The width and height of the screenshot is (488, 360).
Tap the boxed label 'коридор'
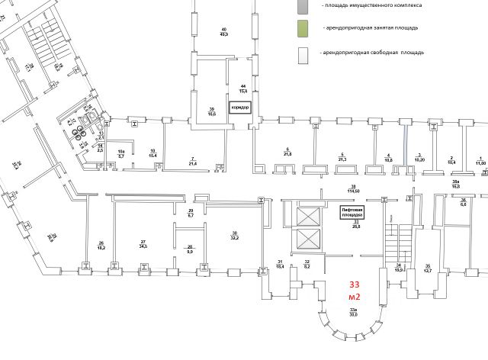pos(241,108)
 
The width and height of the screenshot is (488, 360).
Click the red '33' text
pos(354,284)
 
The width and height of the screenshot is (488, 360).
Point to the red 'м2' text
pos(354,296)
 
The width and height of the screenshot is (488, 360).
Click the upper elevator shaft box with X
pos(308,215)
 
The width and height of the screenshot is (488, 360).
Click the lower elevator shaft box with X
pos(308,237)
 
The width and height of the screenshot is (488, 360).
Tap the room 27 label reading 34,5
pos(143,246)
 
